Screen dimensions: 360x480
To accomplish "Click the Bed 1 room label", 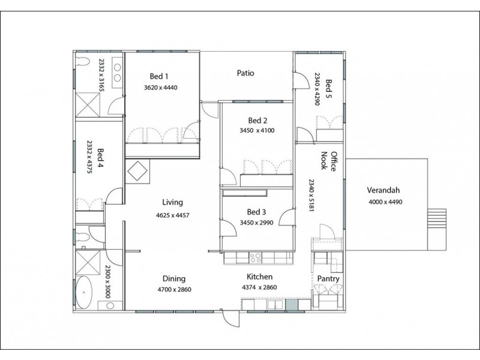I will (x=158, y=76).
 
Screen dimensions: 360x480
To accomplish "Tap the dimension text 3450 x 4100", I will (x=257, y=130).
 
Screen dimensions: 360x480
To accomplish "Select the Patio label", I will (x=245, y=73).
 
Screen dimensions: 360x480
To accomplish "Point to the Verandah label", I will (x=385, y=191).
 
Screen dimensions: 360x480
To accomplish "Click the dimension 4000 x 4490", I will (x=385, y=202).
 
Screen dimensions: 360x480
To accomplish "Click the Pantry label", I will (x=329, y=279).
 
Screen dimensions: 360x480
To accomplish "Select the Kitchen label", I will (x=260, y=277).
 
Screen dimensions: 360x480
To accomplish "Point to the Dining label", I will (x=173, y=278).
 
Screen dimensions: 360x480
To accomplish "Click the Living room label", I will (x=172, y=202).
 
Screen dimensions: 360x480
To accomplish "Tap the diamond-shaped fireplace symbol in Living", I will (x=138, y=171).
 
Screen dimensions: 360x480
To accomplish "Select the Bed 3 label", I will (x=257, y=212).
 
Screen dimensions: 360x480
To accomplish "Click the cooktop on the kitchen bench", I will (x=254, y=259).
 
